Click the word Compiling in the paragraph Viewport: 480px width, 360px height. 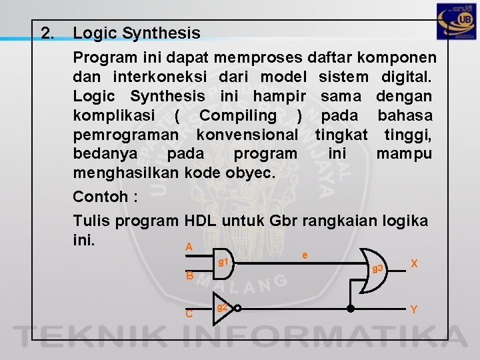click(237, 115)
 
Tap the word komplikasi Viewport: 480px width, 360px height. click(114, 115)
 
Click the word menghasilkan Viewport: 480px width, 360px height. click(126, 173)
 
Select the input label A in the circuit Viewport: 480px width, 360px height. click(189, 247)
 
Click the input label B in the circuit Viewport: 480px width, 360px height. click(189, 275)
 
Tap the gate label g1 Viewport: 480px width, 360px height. click(224, 262)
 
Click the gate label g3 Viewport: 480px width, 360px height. click(378, 268)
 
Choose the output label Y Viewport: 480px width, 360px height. click(414, 309)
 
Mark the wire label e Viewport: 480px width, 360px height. click(305, 255)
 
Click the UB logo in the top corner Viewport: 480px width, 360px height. click(456, 23)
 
